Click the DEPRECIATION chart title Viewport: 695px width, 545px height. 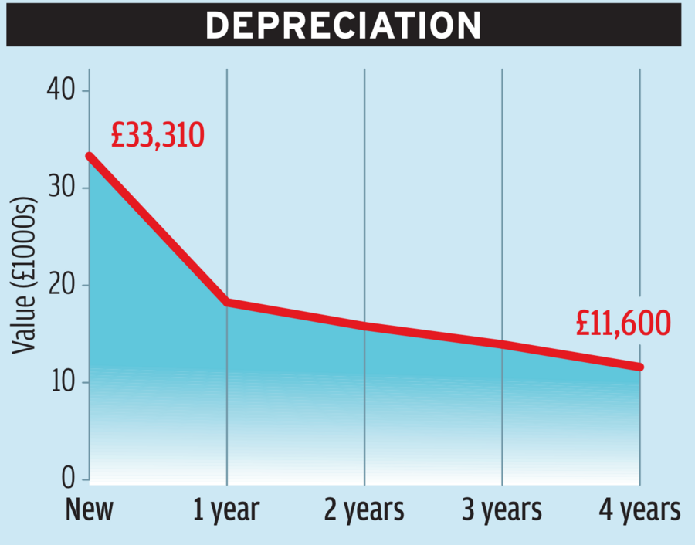[x=344, y=25]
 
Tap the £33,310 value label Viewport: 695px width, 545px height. [x=157, y=135]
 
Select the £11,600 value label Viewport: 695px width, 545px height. [x=622, y=324]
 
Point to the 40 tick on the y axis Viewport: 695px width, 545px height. [x=62, y=91]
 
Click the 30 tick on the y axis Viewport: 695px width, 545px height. [x=62, y=188]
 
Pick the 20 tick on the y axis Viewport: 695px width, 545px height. [x=62, y=286]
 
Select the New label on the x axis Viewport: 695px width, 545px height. [x=90, y=510]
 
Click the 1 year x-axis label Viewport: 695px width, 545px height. [x=226, y=510]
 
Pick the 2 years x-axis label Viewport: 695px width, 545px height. [x=364, y=510]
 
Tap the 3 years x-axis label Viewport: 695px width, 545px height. [x=502, y=510]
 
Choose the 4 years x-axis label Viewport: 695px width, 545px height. [x=640, y=510]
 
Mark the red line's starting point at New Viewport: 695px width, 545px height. [x=90, y=156]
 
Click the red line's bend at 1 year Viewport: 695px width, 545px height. [x=227, y=302]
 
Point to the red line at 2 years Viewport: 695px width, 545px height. [x=364, y=327]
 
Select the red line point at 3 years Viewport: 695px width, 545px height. [x=503, y=344]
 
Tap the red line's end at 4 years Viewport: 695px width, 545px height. [x=640, y=367]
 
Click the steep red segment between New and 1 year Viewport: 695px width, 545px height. [x=158, y=229]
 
